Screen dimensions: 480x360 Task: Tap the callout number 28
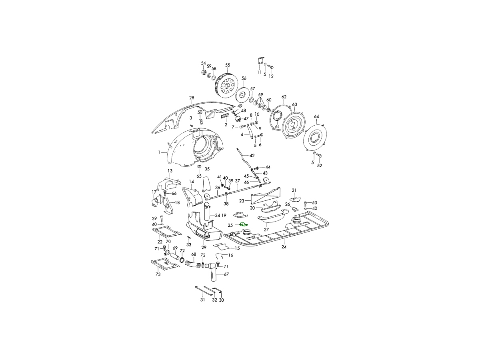pyautogui.click(x=192, y=98)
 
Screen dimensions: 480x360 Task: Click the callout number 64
pyautogui.click(x=316, y=116)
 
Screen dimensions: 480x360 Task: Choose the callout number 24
pyautogui.click(x=284, y=247)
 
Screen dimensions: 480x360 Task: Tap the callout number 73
pyautogui.click(x=158, y=274)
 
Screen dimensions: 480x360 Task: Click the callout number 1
pyautogui.click(x=159, y=152)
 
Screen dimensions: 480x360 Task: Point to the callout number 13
pyautogui.click(x=170, y=171)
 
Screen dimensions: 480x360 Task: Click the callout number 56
pyautogui.click(x=244, y=78)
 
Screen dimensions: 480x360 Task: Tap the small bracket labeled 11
pyautogui.click(x=260, y=61)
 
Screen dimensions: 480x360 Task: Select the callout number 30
pyautogui.click(x=221, y=300)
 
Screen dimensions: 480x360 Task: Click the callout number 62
pyautogui.click(x=284, y=97)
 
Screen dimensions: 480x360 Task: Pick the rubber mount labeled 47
pyautogui.click(x=237, y=119)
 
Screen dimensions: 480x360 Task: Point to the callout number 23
pyautogui.click(x=242, y=201)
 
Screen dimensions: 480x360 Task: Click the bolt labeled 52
pyautogui.click(x=320, y=156)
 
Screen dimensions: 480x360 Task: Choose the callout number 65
pyautogui.click(x=199, y=176)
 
